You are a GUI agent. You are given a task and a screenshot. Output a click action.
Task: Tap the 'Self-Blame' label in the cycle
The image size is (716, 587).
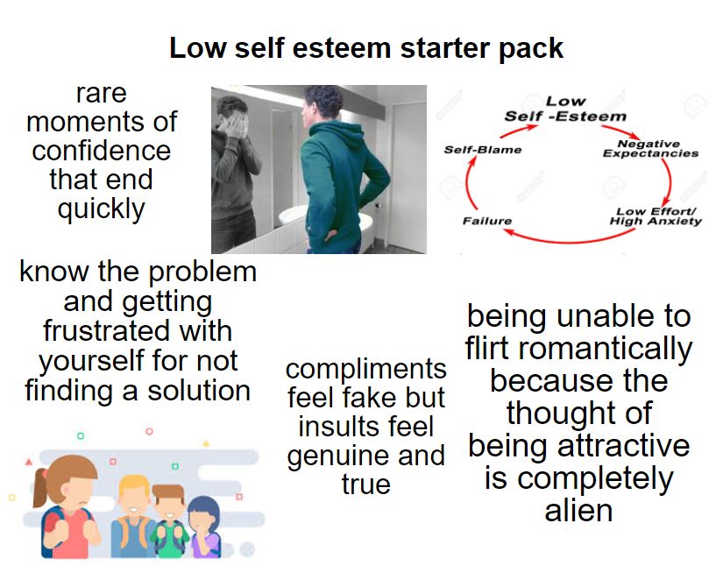point(482,150)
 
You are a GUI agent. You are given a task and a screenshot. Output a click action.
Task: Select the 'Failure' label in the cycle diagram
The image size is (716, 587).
point(486,220)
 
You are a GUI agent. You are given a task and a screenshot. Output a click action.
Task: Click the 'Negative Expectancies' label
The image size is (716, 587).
point(650,148)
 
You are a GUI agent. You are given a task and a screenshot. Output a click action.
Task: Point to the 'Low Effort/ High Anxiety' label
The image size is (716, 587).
point(656,216)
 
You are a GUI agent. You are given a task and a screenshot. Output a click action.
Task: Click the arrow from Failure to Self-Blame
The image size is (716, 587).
point(467,184)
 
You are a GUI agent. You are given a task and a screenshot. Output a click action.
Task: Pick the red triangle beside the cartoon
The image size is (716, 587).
point(29,460)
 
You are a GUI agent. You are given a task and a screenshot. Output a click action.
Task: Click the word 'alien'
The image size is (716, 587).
point(578,511)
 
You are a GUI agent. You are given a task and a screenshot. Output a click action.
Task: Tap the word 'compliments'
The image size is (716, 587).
point(365,369)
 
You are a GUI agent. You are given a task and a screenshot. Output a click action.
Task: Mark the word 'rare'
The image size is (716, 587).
point(101,93)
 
